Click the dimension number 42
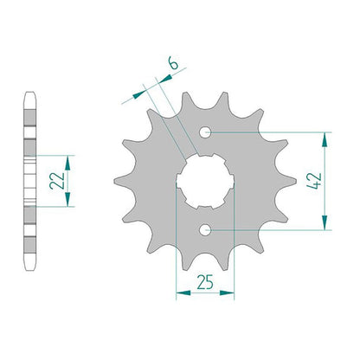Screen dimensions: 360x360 [314, 181]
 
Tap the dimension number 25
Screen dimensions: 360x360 [205, 282]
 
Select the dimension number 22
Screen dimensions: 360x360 [57, 181]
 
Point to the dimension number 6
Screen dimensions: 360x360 [174, 63]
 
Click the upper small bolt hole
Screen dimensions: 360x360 [205, 132]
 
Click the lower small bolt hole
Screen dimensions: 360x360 [205, 230]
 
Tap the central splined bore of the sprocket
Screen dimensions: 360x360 [205, 181]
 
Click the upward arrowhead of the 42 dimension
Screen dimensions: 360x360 [325, 140]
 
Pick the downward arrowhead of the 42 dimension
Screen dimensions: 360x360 [325, 222]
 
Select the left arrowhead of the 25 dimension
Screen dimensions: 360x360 [183, 293]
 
